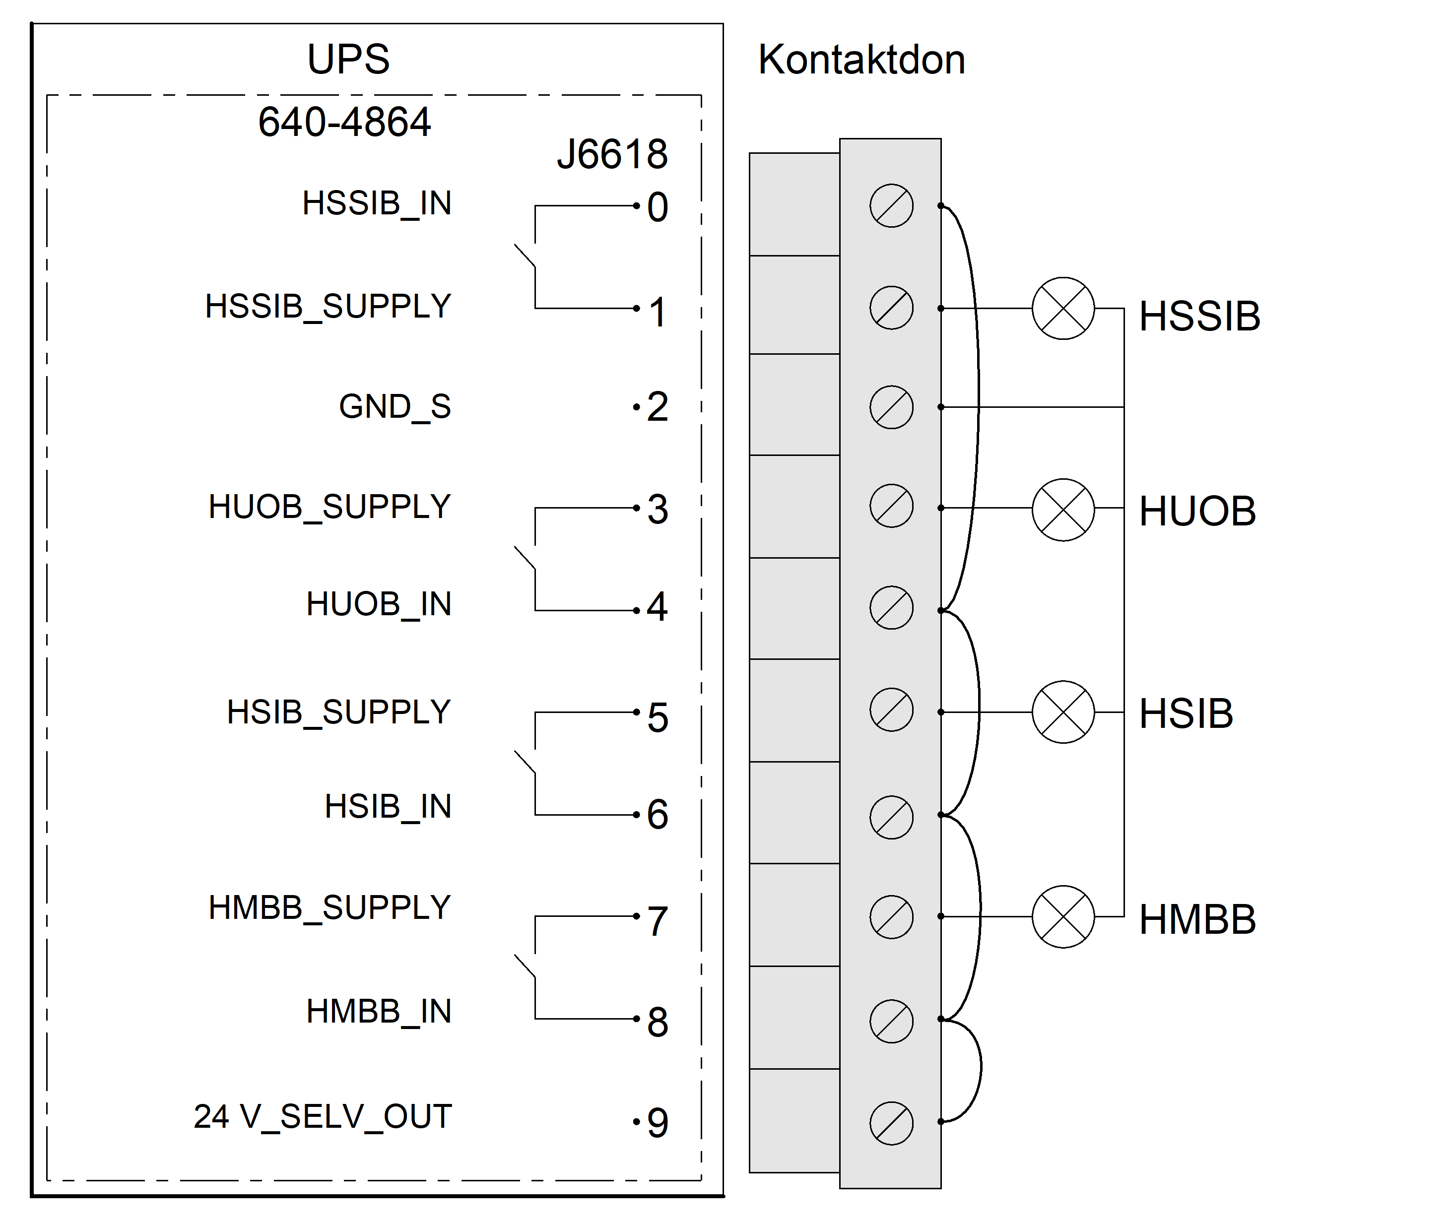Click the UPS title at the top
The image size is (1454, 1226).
[348, 59]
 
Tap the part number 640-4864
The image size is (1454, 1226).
[345, 123]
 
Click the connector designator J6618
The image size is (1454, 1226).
[612, 154]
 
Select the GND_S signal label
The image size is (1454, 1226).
[395, 406]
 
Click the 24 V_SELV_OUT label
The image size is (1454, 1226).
[323, 1117]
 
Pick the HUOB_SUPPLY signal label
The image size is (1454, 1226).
[330, 507]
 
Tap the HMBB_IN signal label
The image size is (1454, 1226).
[379, 1011]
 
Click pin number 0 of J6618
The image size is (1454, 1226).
[658, 207]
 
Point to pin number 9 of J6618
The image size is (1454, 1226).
[658, 1122]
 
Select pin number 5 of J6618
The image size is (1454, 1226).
[658, 717]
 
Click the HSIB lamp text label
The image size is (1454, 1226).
[1186, 713]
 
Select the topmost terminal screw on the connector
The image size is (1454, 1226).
[891, 206]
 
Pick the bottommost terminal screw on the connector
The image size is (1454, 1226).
[891, 1123]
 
